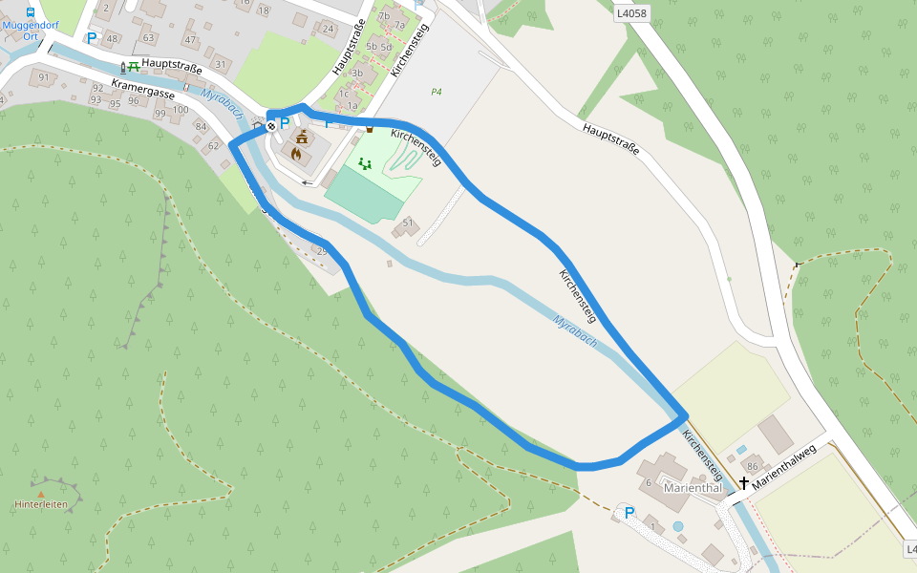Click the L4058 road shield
pyautogui.click(x=630, y=13)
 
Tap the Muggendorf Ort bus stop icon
pyautogui.click(x=31, y=12)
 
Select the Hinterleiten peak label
pyautogui.click(x=41, y=503)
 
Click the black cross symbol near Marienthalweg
pyautogui.click(x=743, y=483)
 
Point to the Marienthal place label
pyautogui.click(x=692, y=488)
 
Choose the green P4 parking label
pyautogui.click(x=437, y=92)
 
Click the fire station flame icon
pyautogui.click(x=296, y=153)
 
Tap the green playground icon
pyautogui.click(x=364, y=163)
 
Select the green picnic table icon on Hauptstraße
pyautogui.click(x=134, y=67)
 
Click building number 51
pyautogui.click(x=407, y=223)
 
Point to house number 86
pyautogui.click(x=752, y=467)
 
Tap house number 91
pyautogui.click(x=43, y=77)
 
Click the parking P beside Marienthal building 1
pyautogui.click(x=629, y=513)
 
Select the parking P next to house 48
pyautogui.click(x=92, y=38)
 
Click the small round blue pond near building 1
pyautogui.click(x=678, y=526)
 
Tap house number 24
pyautogui.click(x=328, y=29)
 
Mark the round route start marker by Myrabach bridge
pyautogui.click(x=272, y=125)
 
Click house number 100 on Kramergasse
pyautogui.click(x=180, y=110)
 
